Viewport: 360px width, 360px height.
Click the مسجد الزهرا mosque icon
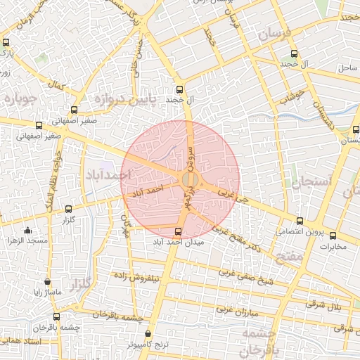pyautogui.click(x=27, y=231)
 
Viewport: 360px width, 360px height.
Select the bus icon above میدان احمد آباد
pyautogui.click(x=177, y=231)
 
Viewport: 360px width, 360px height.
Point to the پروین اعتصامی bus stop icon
pyautogui.click(x=300, y=221)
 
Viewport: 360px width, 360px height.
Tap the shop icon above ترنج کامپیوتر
pyautogui.click(x=148, y=334)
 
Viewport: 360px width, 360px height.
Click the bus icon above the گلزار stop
pyautogui.click(x=68, y=209)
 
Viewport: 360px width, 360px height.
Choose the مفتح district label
pyautogui.click(x=290, y=257)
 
